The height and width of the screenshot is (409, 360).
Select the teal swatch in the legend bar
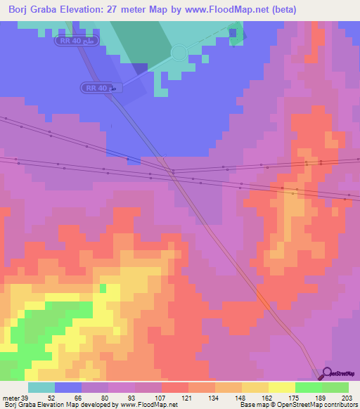click(41, 387)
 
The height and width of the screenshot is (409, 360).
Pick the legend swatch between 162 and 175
click(255, 387)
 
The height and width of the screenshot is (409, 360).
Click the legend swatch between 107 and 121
click(174, 387)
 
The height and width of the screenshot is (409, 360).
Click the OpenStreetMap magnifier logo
click(328, 373)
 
